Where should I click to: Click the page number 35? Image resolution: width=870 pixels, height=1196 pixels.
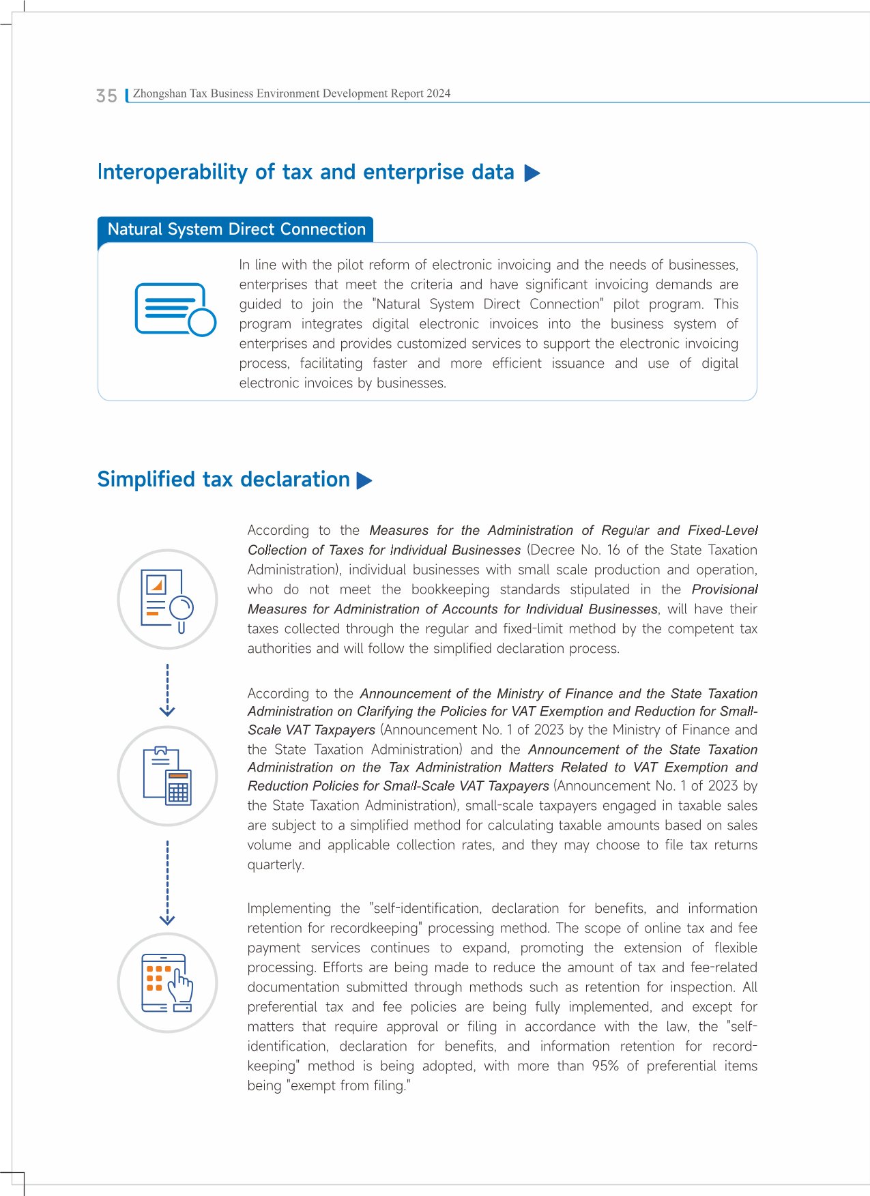(x=106, y=96)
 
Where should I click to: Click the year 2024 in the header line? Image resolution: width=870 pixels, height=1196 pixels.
(x=438, y=93)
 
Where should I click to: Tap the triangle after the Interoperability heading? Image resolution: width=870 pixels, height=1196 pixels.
(x=532, y=173)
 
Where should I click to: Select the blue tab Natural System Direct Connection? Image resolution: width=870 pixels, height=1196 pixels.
(x=236, y=229)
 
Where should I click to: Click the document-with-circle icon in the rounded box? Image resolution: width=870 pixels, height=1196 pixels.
(x=175, y=309)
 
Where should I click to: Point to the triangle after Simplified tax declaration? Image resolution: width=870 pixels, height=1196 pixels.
(x=364, y=481)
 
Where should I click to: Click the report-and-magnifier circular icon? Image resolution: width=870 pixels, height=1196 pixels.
(x=167, y=599)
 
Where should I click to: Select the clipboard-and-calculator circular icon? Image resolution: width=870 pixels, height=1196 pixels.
(x=167, y=776)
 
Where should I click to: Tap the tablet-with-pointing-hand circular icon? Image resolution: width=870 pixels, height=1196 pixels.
(x=167, y=982)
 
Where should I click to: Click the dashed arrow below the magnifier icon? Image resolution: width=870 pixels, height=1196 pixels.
(x=167, y=690)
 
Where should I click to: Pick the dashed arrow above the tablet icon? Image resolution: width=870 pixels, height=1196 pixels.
(x=167, y=882)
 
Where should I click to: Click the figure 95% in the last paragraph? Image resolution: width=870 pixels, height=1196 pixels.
(x=605, y=1066)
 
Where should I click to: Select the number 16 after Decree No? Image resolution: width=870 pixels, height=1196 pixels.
(x=613, y=550)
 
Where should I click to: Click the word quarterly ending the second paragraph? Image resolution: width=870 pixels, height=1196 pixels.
(x=275, y=864)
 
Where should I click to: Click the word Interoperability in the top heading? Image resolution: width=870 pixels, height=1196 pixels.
(x=173, y=172)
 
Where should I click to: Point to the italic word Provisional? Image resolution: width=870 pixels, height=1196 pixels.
(x=724, y=589)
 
